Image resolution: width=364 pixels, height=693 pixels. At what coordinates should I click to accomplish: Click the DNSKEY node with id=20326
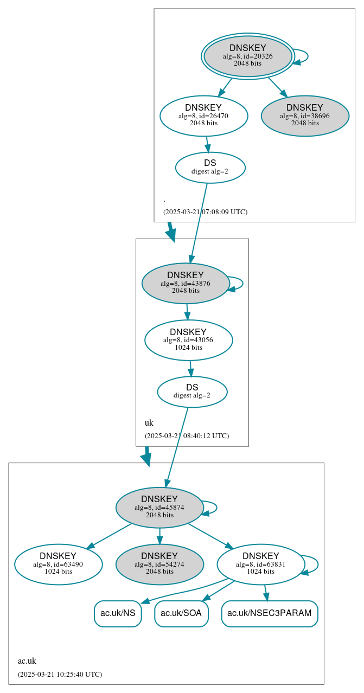click(248, 56)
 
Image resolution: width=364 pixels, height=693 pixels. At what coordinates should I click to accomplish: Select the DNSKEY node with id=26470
click(203, 116)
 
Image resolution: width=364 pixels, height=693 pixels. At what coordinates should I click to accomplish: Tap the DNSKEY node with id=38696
click(305, 116)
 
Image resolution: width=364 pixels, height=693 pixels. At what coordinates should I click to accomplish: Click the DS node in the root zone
click(210, 167)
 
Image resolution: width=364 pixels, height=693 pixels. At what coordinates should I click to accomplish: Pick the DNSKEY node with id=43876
click(186, 283)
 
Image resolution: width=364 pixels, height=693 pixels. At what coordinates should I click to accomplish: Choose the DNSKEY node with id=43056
click(188, 340)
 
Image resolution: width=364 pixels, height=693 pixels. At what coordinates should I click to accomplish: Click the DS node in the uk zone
click(192, 392)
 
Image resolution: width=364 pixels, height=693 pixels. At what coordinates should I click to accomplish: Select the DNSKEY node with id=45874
click(159, 508)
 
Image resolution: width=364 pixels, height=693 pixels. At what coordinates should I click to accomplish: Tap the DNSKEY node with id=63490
click(58, 564)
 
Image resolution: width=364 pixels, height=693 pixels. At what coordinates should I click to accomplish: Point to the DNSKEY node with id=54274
click(159, 564)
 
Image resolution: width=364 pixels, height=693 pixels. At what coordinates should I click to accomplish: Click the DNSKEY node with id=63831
click(261, 564)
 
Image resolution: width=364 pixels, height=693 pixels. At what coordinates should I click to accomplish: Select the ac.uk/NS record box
click(118, 613)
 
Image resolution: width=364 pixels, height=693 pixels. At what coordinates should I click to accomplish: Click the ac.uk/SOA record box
click(181, 613)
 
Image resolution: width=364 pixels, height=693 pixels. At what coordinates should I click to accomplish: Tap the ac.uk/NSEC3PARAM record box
click(270, 613)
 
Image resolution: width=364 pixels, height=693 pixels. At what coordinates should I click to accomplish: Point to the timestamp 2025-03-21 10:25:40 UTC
click(60, 675)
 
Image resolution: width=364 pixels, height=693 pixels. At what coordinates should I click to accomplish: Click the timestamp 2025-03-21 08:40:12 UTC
click(187, 436)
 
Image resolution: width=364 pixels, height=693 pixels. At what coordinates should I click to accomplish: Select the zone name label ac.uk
click(27, 661)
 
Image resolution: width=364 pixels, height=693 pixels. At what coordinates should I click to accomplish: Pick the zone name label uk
click(149, 423)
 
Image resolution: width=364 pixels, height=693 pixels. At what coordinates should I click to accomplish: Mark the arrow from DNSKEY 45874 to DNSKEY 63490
click(108, 536)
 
